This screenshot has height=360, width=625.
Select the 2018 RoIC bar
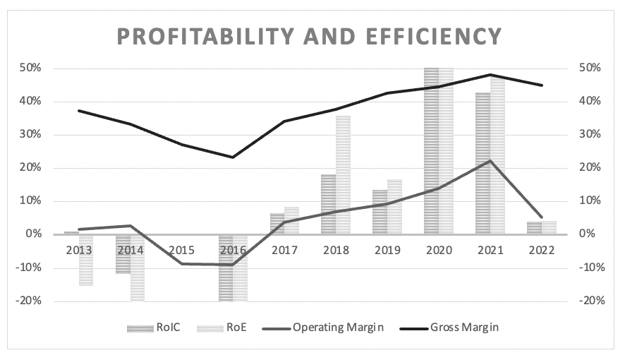tap(328, 204)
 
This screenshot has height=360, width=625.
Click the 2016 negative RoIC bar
tap(225, 268)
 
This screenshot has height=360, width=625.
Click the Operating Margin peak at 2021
tap(490, 161)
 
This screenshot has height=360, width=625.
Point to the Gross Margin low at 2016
tap(233, 157)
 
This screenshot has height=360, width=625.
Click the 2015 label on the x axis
tap(181, 250)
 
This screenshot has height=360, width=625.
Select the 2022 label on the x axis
tap(541, 250)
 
